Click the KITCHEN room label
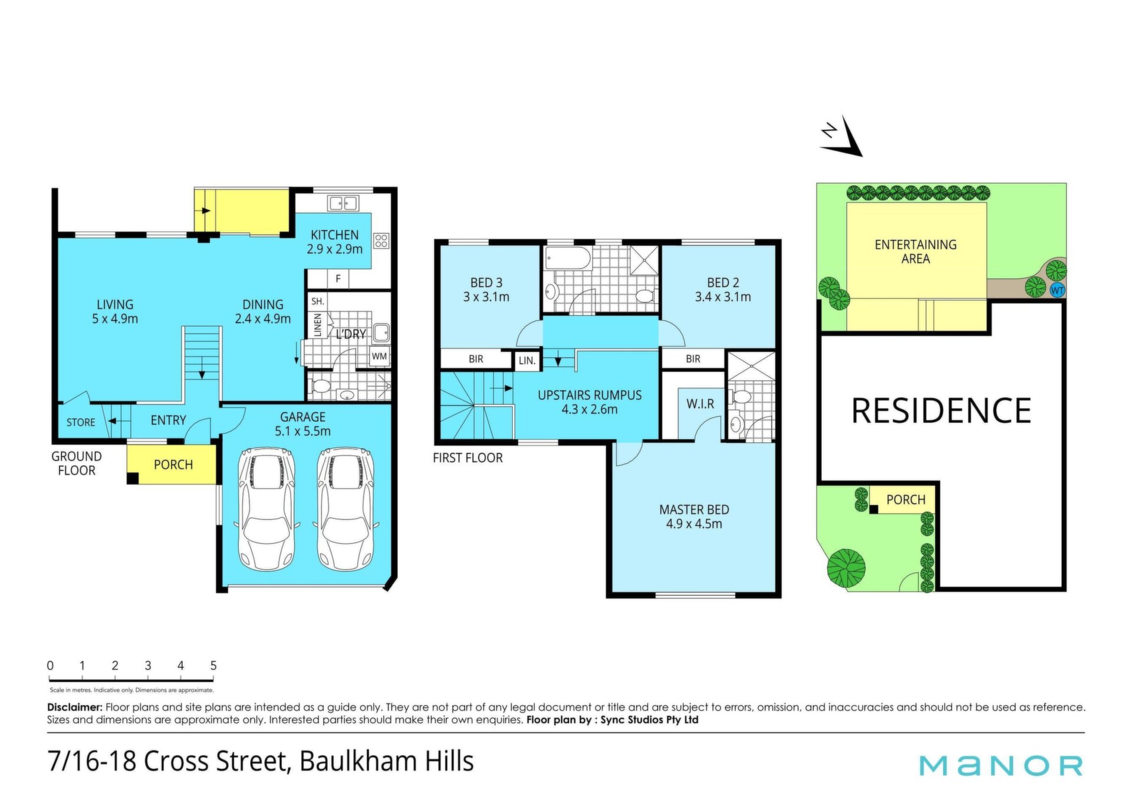tap(334, 235)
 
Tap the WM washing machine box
tap(379, 356)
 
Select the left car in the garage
tap(266, 509)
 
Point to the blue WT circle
tap(1057, 290)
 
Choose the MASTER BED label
tap(694, 509)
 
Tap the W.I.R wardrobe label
tap(700, 404)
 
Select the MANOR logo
tap(1001, 765)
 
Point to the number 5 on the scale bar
tap(213, 666)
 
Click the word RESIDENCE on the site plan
tap(942, 410)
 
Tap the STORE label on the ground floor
tap(81, 422)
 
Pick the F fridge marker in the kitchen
tap(338, 279)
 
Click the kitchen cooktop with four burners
tap(381, 241)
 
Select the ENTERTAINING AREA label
tap(916, 252)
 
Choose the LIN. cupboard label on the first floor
tap(527, 360)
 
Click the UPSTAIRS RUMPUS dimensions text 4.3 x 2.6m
tap(590, 409)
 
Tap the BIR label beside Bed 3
tap(476, 358)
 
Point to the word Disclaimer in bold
tap(75, 707)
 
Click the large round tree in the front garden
tap(846, 567)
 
